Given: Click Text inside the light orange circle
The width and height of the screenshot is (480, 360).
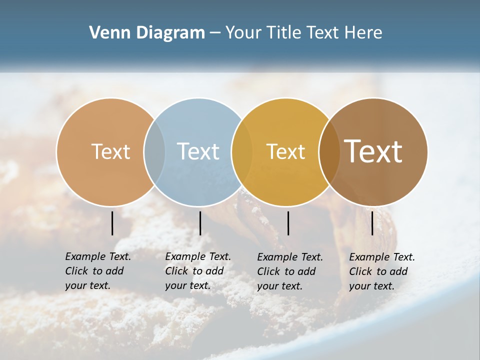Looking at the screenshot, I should click(x=110, y=151).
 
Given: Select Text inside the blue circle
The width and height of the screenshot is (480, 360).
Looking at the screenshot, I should click(x=198, y=151).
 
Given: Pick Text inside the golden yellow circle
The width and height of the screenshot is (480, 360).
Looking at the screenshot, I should click(x=285, y=151).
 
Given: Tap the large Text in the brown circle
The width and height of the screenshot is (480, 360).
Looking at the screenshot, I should click(x=373, y=151).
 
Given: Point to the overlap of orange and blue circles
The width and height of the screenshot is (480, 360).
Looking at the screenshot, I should click(x=154, y=151).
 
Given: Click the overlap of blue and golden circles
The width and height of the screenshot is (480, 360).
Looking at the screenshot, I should click(x=242, y=151).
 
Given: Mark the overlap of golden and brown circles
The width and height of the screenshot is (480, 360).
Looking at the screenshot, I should click(x=329, y=151).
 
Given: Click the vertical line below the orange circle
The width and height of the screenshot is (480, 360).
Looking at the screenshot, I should click(x=112, y=223).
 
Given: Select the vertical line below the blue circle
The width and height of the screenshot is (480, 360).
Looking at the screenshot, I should click(x=200, y=223).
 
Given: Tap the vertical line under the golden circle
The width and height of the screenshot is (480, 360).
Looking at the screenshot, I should click(x=288, y=223).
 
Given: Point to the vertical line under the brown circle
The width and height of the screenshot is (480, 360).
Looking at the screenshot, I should click(x=372, y=223).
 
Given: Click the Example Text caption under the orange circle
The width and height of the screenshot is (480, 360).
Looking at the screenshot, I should click(x=98, y=271).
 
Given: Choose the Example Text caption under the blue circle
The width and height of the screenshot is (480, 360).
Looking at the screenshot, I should click(x=198, y=271).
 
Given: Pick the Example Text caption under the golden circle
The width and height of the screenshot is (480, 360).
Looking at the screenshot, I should click(x=290, y=271).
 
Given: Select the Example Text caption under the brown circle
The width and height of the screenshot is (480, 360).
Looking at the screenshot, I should click(x=382, y=271).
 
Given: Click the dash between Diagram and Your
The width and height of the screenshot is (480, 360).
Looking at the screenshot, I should click(x=215, y=33).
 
